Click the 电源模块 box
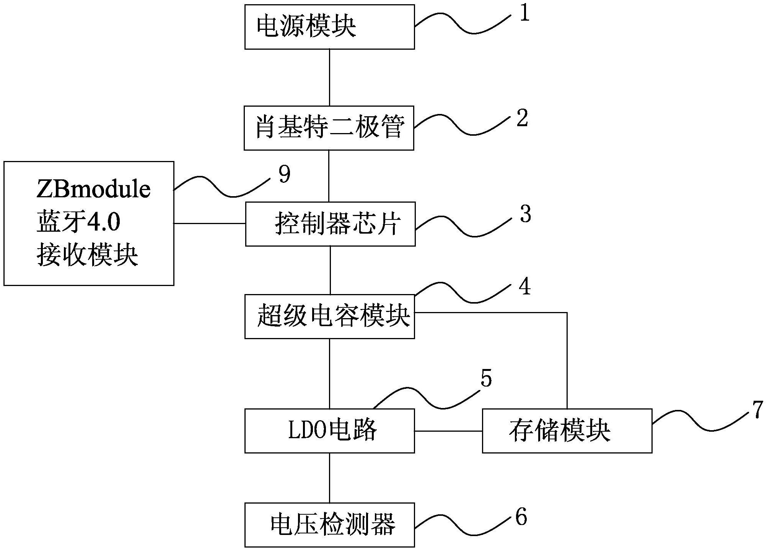click(x=329, y=27)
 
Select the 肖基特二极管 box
click(x=329, y=128)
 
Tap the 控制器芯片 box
click(x=330, y=224)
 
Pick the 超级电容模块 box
click(x=329, y=316)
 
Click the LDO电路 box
click(x=329, y=431)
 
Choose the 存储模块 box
click(x=567, y=431)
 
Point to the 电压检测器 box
click(x=329, y=525)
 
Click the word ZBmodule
click(x=94, y=190)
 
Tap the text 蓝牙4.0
click(x=78, y=222)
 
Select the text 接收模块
click(x=88, y=255)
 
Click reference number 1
click(x=524, y=14)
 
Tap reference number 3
click(x=525, y=214)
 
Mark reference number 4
click(x=525, y=286)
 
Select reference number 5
click(x=486, y=379)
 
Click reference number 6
click(x=521, y=517)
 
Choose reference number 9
click(x=284, y=174)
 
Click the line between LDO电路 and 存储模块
click(x=448, y=431)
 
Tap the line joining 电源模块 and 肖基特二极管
click(x=329, y=77)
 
